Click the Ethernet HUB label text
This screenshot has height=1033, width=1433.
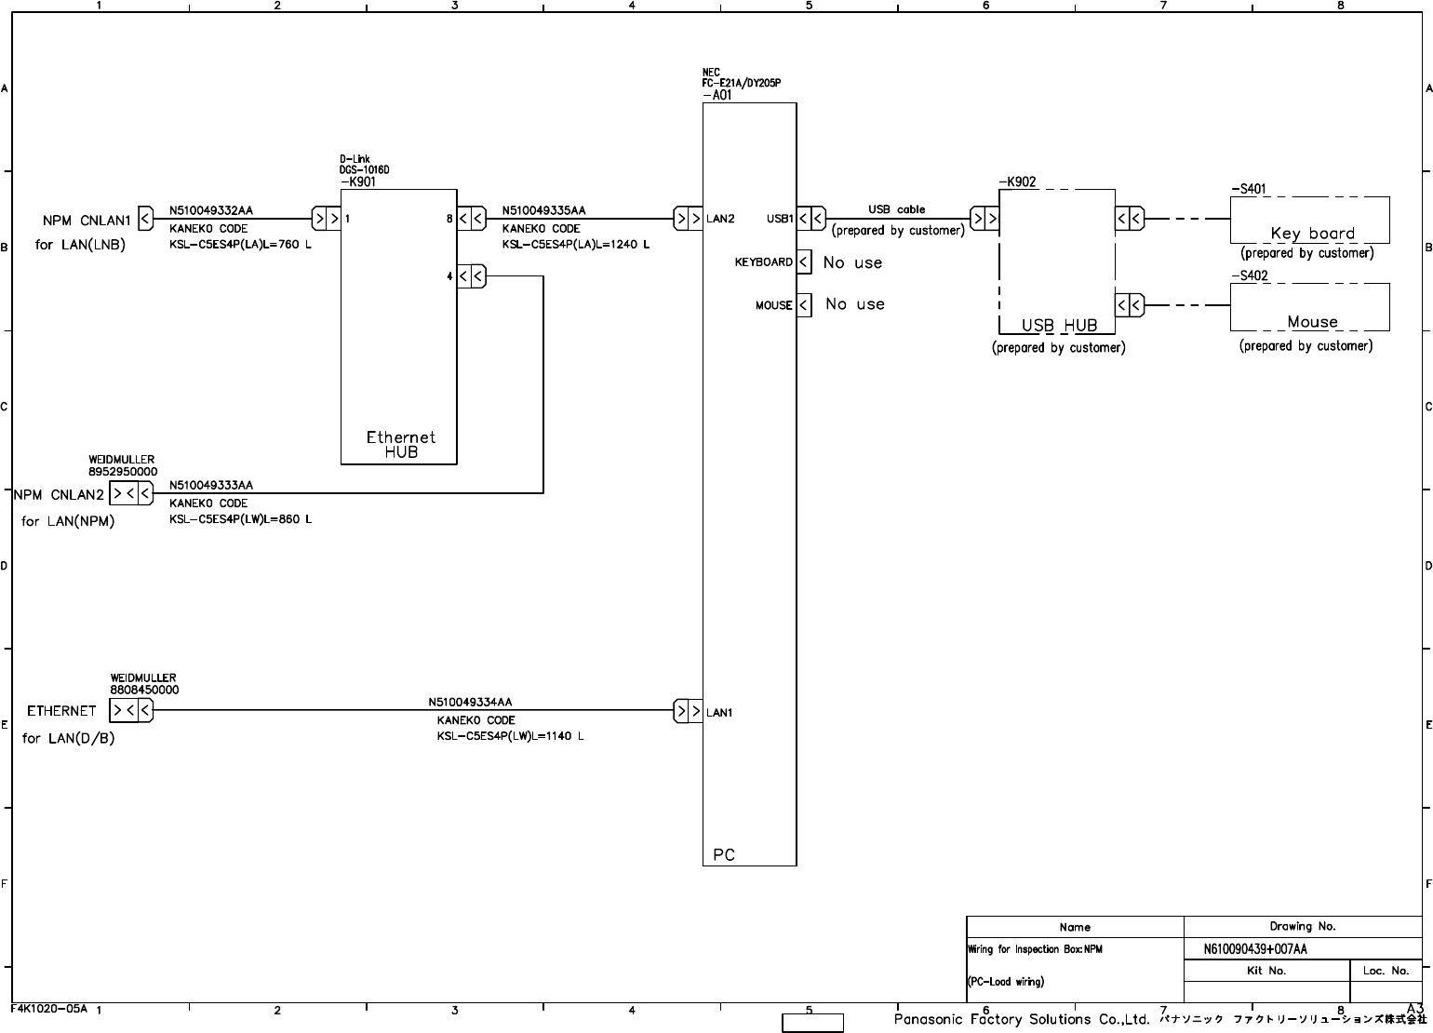[x=400, y=444]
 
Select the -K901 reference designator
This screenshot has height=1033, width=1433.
[x=357, y=182]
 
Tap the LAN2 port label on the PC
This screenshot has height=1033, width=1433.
[x=720, y=220]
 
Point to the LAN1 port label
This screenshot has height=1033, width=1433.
[x=719, y=713]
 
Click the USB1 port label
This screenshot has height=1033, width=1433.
[x=780, y=220]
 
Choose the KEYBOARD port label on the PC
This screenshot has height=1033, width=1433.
[x=763, y=262]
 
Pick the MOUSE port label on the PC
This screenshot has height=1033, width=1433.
[x=773, y=305]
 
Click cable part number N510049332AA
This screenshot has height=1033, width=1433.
[x=210, y=211]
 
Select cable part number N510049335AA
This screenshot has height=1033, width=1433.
[x=543, y=211]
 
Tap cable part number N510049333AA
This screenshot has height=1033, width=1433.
[x=210, y=486]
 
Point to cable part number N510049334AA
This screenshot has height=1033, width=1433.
[x=470, y=703]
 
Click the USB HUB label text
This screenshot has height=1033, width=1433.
[x=1059, y=326]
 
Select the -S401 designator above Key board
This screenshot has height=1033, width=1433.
[x=1248, y=189]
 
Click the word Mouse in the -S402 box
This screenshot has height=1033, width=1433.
[x=1312, y=322]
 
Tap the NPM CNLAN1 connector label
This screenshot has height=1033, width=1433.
[x=87, y=221]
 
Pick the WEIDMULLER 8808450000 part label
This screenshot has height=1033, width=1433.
[x=144, y=684]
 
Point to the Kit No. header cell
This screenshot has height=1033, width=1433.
[x=1266, y=971]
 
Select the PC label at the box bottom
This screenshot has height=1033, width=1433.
[x=723, y=854]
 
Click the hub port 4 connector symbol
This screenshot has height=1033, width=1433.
[x=472, y=276]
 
